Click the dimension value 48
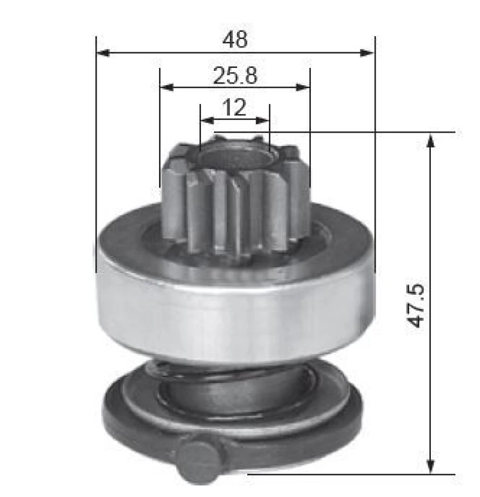[x=234, y=39]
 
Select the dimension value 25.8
[x=234, y=75]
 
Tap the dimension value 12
[x=234, y=107]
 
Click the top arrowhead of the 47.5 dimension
[x=430, y=140]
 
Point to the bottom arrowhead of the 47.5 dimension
[x=430, y=466]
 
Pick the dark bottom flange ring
[x=313, y=423]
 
